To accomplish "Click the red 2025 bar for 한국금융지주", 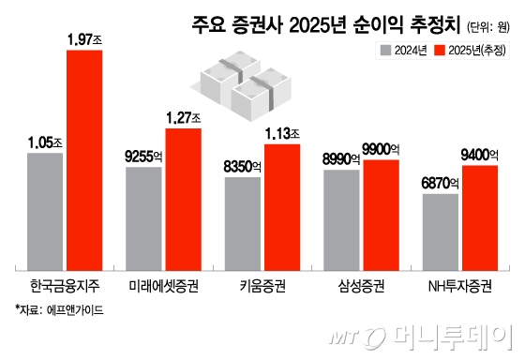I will (x=84, y=157).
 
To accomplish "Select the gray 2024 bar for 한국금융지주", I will (x=45, y=207).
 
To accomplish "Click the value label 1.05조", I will (x=46, y=142).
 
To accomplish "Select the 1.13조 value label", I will (x=283, y=133).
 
